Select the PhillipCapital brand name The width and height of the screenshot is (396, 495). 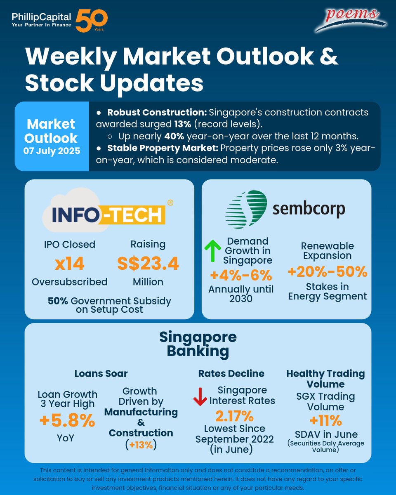[x=41, y=17]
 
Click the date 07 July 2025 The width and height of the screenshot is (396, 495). [x=52, y=151]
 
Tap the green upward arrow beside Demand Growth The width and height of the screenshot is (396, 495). [x=213, y=250]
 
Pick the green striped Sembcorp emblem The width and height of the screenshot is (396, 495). [x=246, y=209]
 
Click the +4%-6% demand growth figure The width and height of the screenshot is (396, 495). [x=241, y=274]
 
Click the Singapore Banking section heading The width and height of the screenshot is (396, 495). [x=198, y=344]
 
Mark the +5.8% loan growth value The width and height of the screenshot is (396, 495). [x=67, y=421]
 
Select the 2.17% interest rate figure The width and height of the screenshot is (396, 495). [x=234, y=415]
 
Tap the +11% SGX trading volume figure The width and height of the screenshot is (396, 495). [x=325, y=420]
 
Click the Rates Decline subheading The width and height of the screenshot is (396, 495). [x=231, y=373]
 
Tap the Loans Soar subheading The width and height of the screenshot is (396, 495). [x=101, y=373]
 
